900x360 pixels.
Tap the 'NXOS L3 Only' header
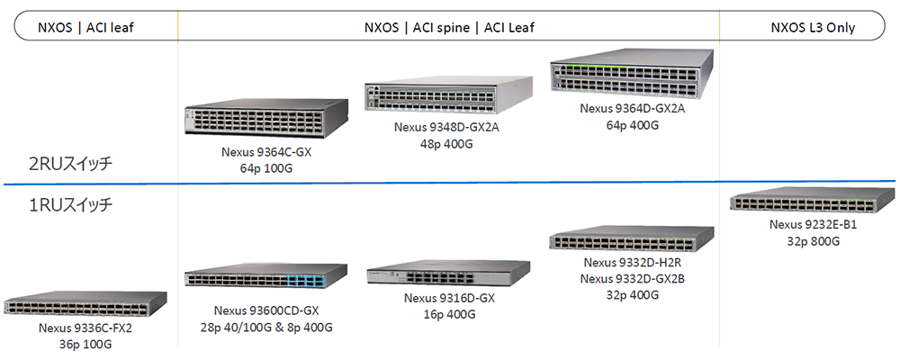[813, 28]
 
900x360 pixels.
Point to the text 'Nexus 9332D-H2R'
[633, 263]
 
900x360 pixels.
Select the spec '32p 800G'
[813, 241]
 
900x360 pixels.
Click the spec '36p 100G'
[85, 343]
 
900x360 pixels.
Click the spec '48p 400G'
[445, 142]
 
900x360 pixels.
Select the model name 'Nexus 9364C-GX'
[266, 152]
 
